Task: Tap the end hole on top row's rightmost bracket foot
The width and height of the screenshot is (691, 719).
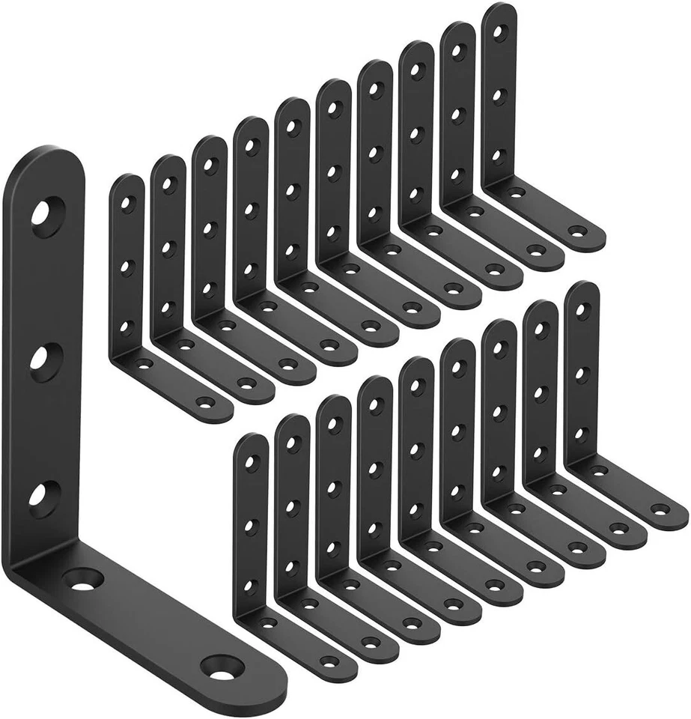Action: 576,230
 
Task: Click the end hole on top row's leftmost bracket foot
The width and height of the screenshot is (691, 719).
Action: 207,402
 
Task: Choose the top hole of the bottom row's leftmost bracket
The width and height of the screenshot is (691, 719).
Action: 252,461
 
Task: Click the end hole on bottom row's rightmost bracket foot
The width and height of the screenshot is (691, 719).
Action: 660,509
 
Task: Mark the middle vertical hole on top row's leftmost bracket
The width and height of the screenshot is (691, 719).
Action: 127,264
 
